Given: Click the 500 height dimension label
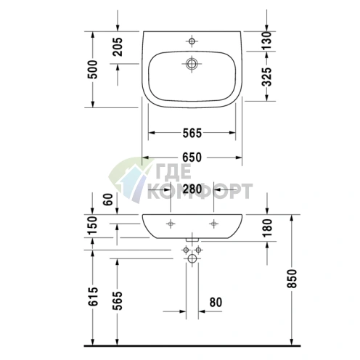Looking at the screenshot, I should pyautogui.click(x=93, y=70).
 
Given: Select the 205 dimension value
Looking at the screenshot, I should pyautogui.click(x=118, y=47).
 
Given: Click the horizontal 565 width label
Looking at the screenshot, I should pyautogui.click(x=190, y=133).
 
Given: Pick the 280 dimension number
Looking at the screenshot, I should pyautogui.click(x=192, y=189).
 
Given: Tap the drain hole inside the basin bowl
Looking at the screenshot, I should pyautogui.click(x=192, y=64).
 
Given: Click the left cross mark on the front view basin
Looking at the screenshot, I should pyautogui.click(x=171, y=222).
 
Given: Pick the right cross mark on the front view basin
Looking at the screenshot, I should pyautogui.click(x=215, y=222).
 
